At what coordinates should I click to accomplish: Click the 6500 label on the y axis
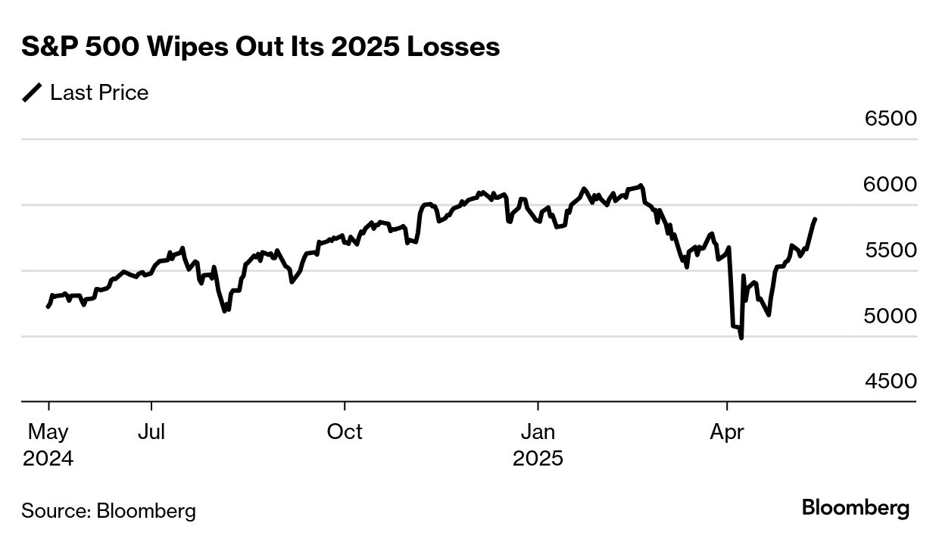891,119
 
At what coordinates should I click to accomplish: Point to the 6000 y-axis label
891,185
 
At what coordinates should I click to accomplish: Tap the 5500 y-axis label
891,251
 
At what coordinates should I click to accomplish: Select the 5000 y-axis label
891,316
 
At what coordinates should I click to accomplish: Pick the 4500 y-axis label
891,382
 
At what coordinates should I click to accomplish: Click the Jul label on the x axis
151,432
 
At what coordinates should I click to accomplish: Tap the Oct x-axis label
345,432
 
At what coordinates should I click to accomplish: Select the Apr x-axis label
727,432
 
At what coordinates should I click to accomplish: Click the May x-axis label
48,432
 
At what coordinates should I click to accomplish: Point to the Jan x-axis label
538,432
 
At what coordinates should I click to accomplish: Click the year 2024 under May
48,459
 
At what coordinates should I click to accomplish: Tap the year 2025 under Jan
538,459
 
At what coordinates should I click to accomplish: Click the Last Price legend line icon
33,93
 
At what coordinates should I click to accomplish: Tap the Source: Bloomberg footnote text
108,511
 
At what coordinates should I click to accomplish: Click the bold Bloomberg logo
856,508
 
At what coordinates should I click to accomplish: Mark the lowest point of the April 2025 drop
741,338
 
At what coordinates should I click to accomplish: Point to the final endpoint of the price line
815,219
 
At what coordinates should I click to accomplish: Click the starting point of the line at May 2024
48,307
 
